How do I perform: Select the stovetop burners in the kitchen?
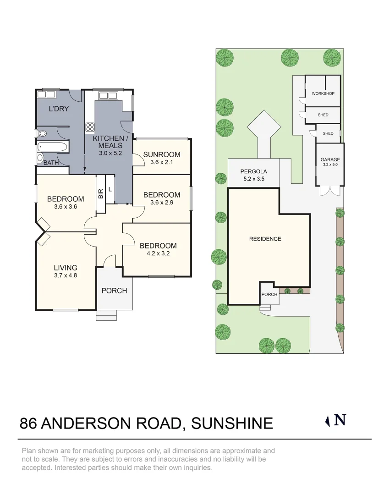click(x=90, y=127)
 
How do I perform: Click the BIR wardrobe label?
click(x=100, y=194)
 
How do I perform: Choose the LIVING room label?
click(x=65, y=268)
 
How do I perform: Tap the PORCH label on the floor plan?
click(x=114, y=291)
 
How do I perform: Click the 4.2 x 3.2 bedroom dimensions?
click(x=158, y=253)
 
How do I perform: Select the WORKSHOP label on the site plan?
click(x=323, y=93)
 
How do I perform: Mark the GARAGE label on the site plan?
click(x=330, y=160)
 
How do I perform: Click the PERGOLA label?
click(x=254, y=171)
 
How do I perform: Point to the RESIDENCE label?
click(x=265, y=239)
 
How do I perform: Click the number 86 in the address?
click(x=28, y=423)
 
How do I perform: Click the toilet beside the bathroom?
click(x=43, y=134)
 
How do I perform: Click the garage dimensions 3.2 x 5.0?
click(x=330, y=165)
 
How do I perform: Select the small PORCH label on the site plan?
click(x=269, y=294)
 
